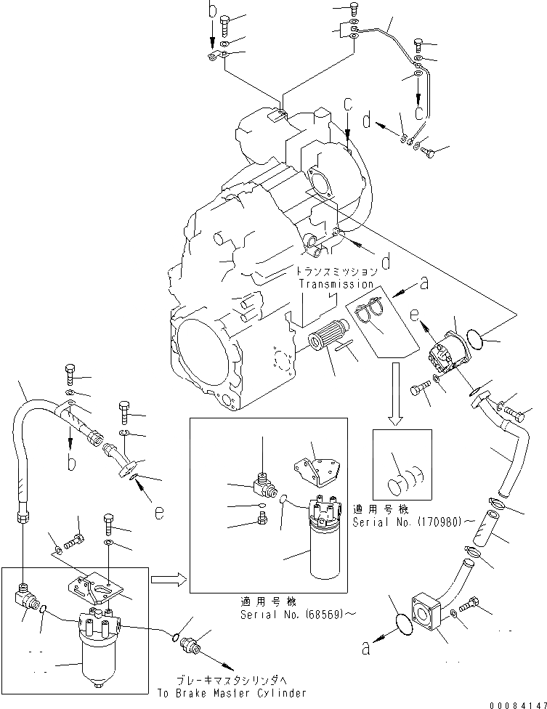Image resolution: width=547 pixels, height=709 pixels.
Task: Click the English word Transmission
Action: [x=335, y=284]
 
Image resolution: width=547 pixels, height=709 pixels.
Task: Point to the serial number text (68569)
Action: [x=320, y=615]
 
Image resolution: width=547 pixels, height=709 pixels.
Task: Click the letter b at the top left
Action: [x=212, y=11]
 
